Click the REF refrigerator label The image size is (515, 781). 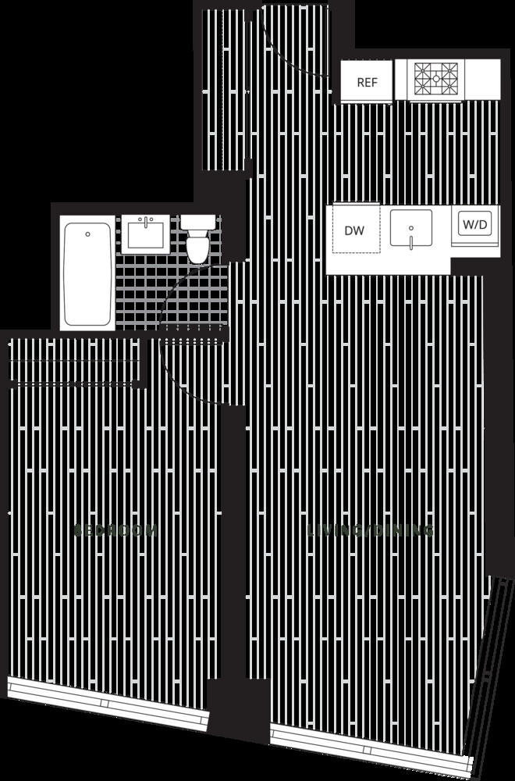(x=366, y=82)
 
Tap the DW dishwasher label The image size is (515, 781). (x=354, y=230)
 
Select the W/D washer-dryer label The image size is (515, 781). (x=474, y=226)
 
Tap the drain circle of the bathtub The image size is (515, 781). (x=87, y=233)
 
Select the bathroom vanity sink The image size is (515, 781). (x=146, y=233)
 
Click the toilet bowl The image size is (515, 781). (x=198, y=248)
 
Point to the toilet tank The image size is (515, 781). (x=198, y=223)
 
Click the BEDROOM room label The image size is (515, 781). (x=115, y=530)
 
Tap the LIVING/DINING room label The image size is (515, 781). (x=370, y=530)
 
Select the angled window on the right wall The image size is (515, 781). (x=492, y=664)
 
